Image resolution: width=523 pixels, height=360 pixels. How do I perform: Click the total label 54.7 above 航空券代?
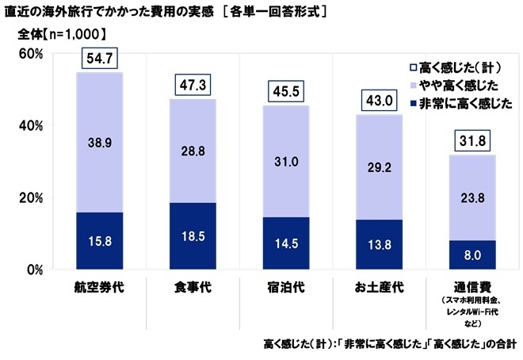99,59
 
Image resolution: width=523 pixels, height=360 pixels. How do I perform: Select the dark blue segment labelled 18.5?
193,236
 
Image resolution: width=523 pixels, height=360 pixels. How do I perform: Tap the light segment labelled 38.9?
99,143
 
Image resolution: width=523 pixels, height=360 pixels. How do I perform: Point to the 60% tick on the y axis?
31,54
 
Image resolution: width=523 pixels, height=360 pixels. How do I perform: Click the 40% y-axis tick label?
31,126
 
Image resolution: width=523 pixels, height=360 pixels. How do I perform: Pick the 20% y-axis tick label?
31,197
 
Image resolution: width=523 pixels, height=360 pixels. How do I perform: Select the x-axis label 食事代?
193,285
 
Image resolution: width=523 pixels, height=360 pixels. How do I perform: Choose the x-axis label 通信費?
471,285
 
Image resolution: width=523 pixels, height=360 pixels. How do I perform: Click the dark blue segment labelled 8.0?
471,255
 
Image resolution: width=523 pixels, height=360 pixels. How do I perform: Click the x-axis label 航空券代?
99,285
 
